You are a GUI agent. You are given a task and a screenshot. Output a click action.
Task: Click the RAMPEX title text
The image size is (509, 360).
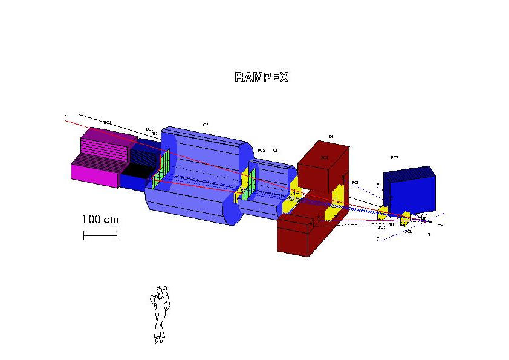point(261,77)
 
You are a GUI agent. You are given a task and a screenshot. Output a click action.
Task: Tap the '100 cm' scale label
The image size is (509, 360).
point(100,219)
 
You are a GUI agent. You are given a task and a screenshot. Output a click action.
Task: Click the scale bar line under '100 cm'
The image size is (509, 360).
point(100,235)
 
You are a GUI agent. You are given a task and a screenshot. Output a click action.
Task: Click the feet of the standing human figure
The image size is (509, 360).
point(158,340)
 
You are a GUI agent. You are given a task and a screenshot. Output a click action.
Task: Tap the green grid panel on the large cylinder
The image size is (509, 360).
point(160,169)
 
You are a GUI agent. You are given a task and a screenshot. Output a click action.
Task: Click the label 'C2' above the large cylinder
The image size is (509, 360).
point(206,125)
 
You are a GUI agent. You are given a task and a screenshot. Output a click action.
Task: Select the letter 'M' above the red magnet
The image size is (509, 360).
point(331,137)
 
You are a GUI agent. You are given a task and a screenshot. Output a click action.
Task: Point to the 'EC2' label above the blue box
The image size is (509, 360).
point(394,158)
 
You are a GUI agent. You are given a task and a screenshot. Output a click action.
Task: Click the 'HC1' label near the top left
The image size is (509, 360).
point(107,123)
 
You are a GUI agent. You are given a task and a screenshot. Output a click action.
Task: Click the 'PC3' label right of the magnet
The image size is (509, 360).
point(355,182)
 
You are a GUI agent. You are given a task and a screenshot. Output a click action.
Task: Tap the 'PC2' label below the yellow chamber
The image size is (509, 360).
point(382,227)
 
